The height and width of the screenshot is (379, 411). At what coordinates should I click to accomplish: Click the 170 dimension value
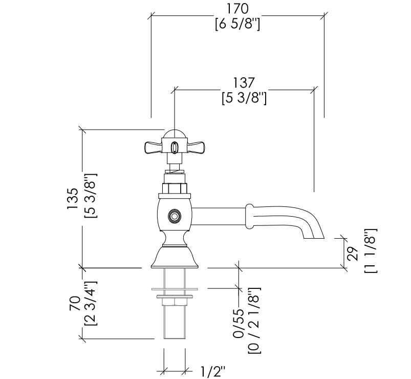(x=237, y=9)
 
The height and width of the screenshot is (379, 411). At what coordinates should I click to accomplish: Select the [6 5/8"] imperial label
(x=237, y=25)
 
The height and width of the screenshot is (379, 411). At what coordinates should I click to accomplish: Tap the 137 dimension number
(x=244, y=83)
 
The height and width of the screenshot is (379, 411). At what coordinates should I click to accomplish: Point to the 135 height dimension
(x=73, y=198)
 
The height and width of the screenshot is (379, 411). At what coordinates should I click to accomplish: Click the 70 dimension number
(x=75, y=304)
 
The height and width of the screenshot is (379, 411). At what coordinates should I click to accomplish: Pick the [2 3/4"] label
(x=91, y=303)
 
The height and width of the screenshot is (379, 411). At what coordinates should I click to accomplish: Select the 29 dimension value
(x=353, y=254)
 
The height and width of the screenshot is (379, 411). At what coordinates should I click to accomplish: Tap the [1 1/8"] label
(x=371, y=251)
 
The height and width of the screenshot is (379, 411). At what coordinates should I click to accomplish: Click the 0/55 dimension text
(x=239, y=323)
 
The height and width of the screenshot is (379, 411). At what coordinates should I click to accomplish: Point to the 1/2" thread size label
(x=213, y=372)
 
